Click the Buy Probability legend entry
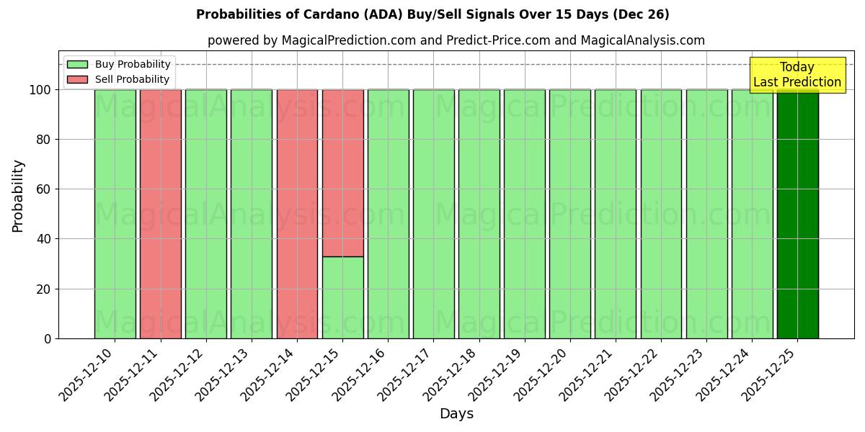coord(132,64)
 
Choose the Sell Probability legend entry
coord(132,79)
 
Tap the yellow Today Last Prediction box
coord(797,75)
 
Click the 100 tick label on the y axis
coord(40,90)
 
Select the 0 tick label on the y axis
coord(48,338)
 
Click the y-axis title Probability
coord(18,195)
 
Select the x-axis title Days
coord(456,414)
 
